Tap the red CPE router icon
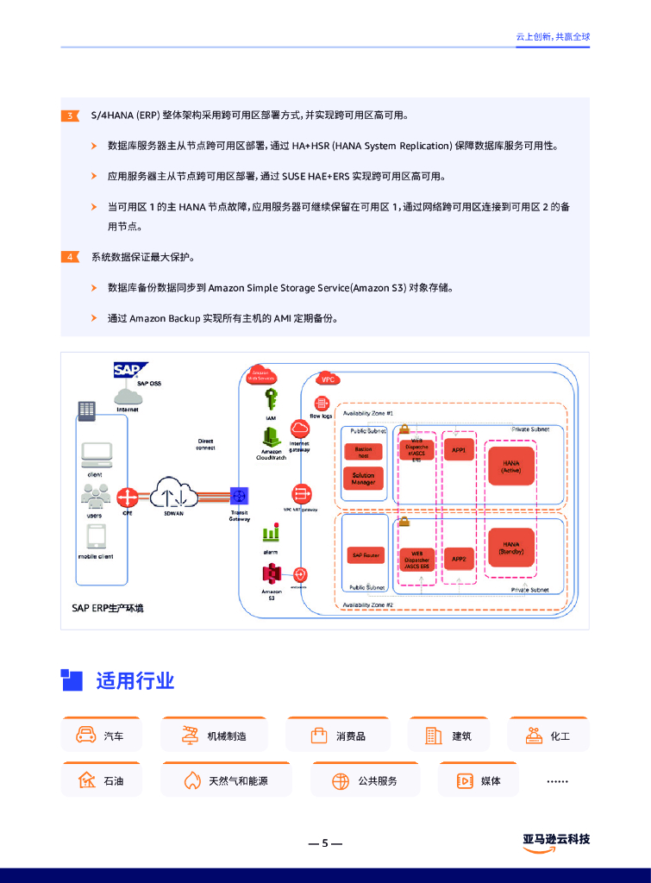tap(128, 497)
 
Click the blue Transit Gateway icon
tap(239, 496)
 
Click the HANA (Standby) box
tap(510, 548)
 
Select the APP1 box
tap(459, 450)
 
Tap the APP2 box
tap(459, 559)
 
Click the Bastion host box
tap(363, 452)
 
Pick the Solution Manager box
tap(363, 479)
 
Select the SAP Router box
tap(366, 555)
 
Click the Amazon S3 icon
tap(272, 573)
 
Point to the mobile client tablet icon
tap(96, 537)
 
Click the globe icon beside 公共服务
tap(341, 781)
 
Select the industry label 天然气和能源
tap(238, 781)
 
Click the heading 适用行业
tap(135, 681)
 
